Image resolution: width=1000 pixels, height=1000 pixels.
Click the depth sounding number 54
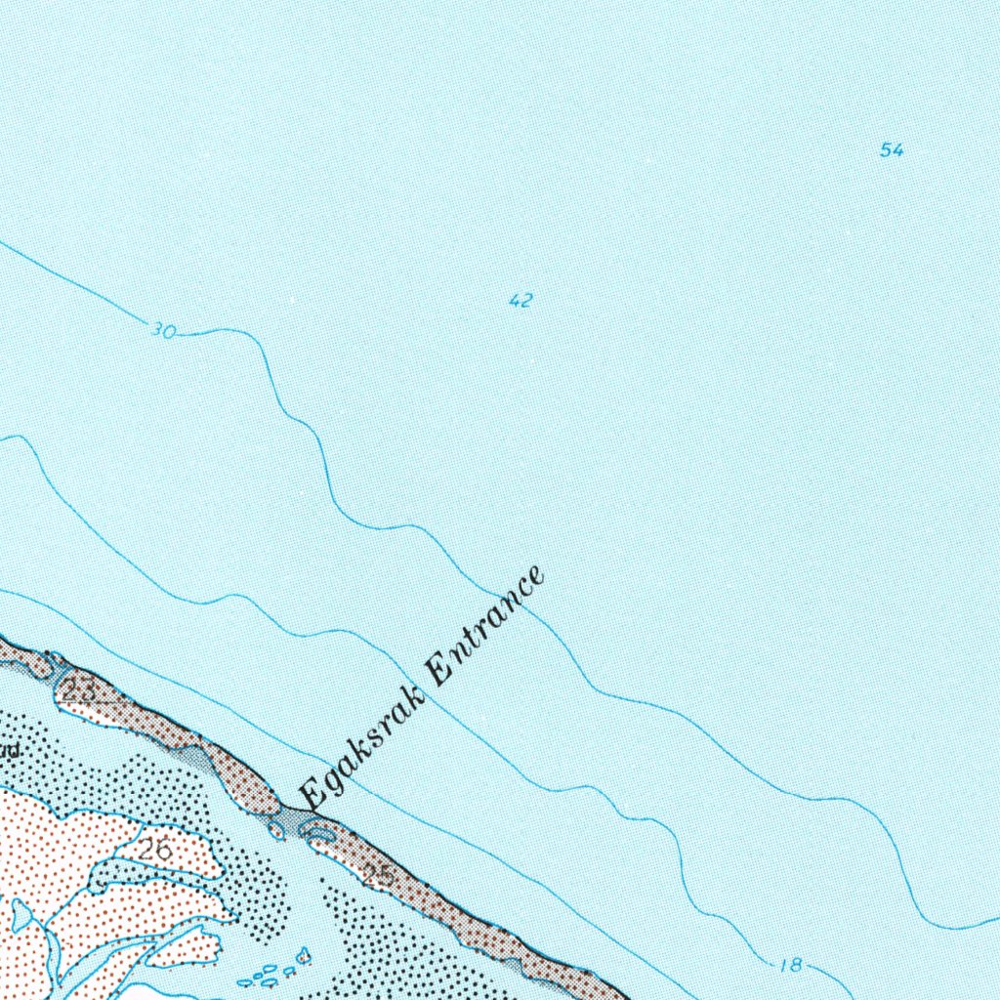892,150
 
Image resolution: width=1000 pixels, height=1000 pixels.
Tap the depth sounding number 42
521,301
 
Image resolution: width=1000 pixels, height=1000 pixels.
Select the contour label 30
163,332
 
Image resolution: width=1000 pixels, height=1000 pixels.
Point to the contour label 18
791,966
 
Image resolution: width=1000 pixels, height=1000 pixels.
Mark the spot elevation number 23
82,689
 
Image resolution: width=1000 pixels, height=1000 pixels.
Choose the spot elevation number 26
155,850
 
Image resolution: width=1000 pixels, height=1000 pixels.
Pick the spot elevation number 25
379,875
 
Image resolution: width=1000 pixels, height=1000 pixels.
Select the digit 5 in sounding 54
886,150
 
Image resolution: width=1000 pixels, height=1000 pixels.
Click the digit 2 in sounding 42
526,301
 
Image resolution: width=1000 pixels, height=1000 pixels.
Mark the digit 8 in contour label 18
796,966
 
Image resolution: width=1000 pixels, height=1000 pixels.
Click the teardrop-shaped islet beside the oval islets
305,952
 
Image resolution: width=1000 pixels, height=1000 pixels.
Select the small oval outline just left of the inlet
276,831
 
